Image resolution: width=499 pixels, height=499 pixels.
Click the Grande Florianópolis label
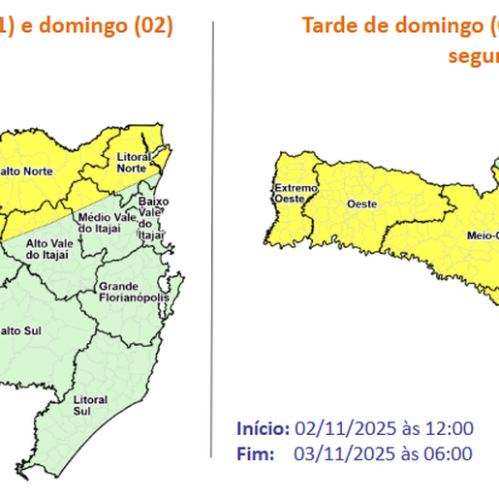133,292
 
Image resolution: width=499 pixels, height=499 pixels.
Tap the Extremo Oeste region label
291,193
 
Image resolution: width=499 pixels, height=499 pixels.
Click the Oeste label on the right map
361,203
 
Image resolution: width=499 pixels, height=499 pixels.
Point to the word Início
263,428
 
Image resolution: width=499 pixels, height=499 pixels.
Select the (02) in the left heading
150,25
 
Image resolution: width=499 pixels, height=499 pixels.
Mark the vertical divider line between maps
212,242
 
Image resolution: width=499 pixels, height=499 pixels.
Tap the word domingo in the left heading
82,25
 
